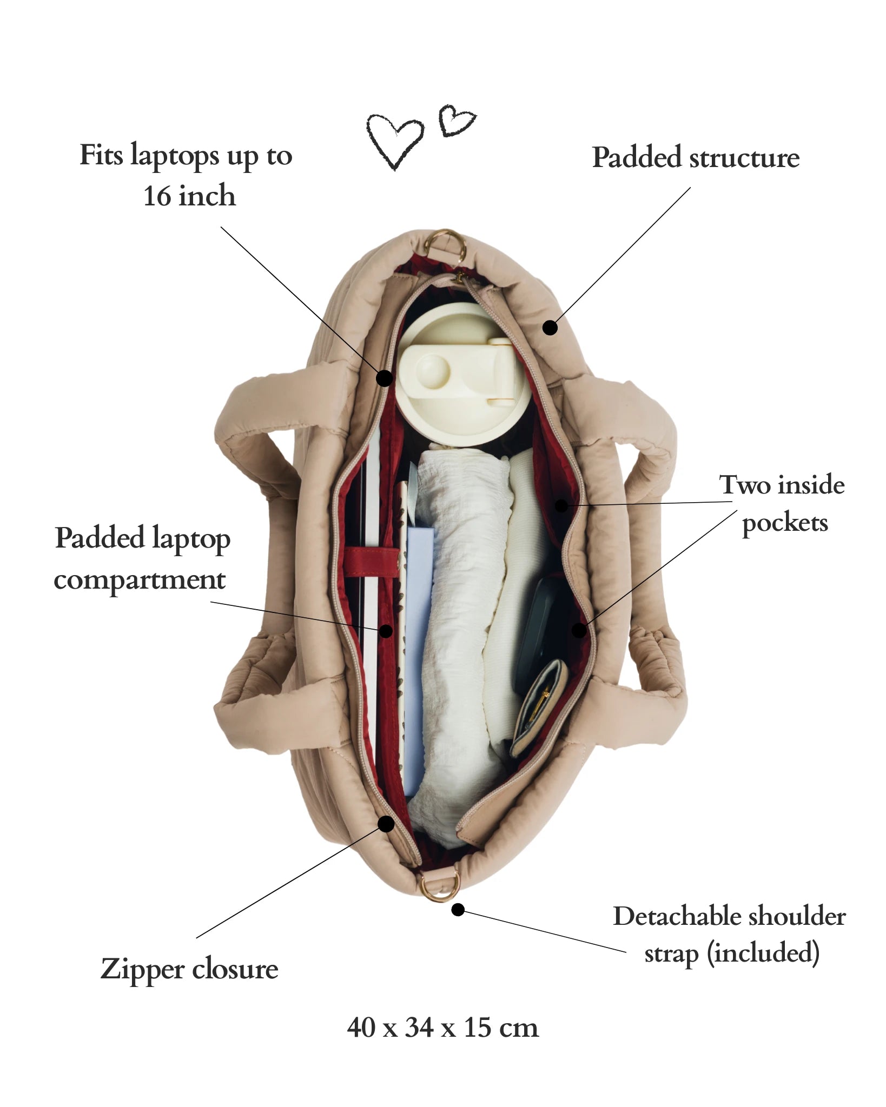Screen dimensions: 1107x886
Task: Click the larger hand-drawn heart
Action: [395, 140]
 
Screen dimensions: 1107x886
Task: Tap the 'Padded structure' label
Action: [696, 158]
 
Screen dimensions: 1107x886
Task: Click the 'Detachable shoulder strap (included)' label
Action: [730, 933]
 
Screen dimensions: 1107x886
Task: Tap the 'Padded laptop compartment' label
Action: [142, 559]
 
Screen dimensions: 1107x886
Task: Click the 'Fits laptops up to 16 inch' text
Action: [186, 175]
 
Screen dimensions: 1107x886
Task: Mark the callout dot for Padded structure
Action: [550, 328]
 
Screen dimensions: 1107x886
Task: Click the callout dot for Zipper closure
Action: [386, 839]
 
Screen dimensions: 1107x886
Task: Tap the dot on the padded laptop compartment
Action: [386, 630]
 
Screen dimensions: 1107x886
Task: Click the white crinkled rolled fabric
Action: [460, 622]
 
